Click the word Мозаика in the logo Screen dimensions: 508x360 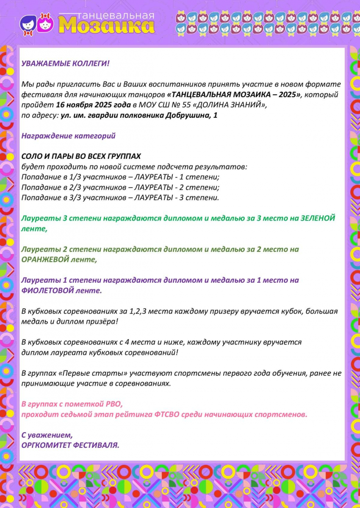point(106,25)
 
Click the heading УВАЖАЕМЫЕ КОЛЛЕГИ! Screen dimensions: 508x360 point(65,63)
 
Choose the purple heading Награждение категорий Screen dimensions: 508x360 point(68,136)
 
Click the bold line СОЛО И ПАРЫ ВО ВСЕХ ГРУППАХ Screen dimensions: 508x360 point(81,156)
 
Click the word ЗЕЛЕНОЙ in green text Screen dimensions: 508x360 point(318,218)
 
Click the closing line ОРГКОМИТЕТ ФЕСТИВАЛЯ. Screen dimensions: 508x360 point(70,445)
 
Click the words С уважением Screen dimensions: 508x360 point(47,435)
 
